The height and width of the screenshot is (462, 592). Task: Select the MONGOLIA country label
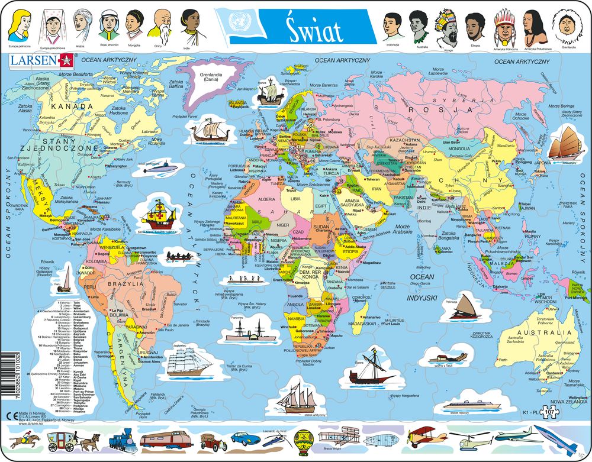point(458,150)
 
